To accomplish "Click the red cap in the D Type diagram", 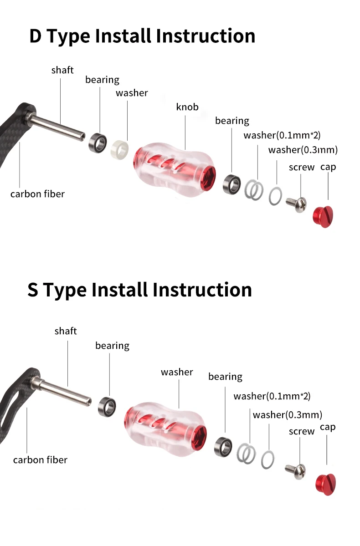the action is coord(323,217).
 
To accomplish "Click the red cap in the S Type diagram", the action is coord(325,484).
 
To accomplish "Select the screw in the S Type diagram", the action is coord(296,471).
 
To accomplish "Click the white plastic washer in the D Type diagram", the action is coord(119,150).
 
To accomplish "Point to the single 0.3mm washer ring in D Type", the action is coord(275,196).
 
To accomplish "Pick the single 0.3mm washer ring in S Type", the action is coord(267,459).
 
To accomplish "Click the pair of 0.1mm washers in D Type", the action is coord(254,190).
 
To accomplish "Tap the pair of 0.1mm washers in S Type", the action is coord(246,454).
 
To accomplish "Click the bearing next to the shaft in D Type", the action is coord(98,143).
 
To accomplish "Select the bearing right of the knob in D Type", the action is coord(232,184).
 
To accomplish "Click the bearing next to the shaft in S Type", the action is coord(107,407).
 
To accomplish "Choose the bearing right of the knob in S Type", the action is coord(223,447).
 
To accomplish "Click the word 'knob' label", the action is coord(187,107).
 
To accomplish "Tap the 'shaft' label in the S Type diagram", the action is coord(66,331).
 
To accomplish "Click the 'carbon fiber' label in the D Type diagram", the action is coord(38,194).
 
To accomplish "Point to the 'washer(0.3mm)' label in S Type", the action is coord(288,415).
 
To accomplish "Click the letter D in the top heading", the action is coord(35,36).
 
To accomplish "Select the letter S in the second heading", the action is coord(33,290).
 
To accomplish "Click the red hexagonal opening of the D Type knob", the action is coord(208,178).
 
